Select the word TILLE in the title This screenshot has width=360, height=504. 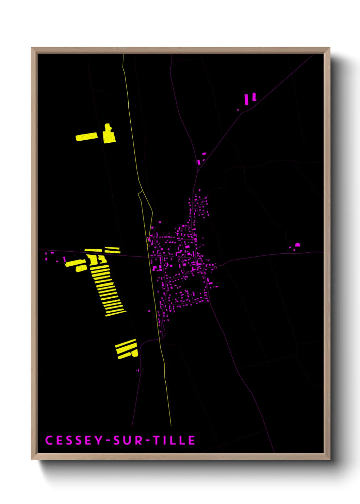point(174,440)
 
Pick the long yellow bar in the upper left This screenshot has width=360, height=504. point(86,137)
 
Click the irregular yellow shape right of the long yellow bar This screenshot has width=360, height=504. point(109,134)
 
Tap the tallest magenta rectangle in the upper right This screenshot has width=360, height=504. point(247,99)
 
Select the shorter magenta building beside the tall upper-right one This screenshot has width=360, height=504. point(254,97)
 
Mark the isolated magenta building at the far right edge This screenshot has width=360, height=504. point(297,245)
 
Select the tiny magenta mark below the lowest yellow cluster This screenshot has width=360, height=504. point(138,370)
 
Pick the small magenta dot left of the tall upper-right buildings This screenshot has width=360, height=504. point(238,110)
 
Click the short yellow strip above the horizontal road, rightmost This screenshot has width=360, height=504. point(112,250)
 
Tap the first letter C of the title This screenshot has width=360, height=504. point(49,440)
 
